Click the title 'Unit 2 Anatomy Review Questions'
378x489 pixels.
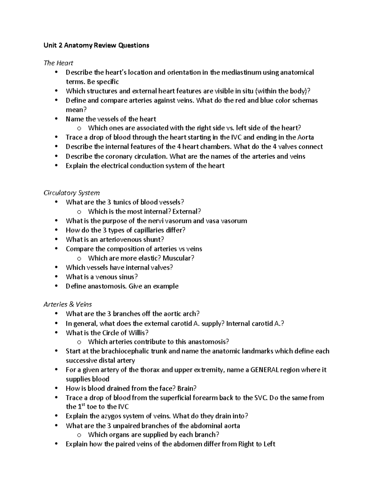pyautogui.click(x=96, y=45)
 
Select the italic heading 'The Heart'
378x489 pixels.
pyautogui.click(x=58, y=63)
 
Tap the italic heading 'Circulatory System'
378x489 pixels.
pyautogui.click(x=72, y=193)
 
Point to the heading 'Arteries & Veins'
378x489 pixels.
pyautogui.click(x=68, y=304)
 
